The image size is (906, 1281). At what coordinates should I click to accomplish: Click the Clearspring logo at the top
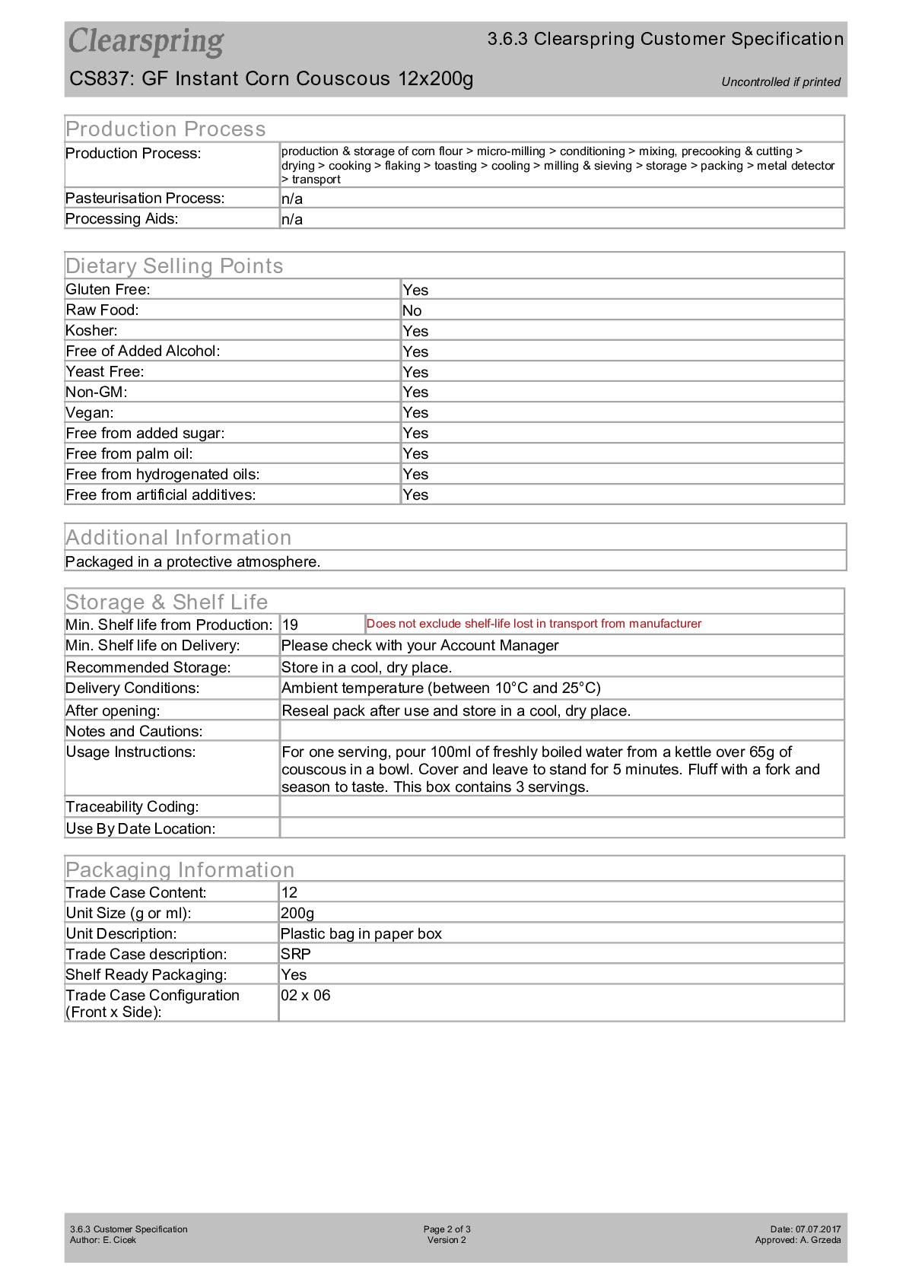point(146,42)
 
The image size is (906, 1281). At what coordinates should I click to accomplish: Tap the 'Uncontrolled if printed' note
point(780,82)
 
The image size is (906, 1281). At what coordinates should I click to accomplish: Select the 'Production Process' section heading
point(166,129)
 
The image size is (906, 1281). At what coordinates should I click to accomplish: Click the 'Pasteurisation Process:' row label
point(145,199)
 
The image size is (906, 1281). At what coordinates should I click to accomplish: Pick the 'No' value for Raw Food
point(412,310)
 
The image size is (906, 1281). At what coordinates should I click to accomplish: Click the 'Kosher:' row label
point(92,331)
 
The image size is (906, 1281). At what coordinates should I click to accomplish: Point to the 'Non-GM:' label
point(97,393)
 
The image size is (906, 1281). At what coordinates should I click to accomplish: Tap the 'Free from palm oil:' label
point(129,454)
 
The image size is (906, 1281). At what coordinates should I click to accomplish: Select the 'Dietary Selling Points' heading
point(174,266)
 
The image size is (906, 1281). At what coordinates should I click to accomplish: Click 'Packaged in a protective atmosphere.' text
point(193,562)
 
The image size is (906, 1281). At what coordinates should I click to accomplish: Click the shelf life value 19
point(290,625)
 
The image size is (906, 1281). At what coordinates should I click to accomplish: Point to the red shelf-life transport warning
point(533,624)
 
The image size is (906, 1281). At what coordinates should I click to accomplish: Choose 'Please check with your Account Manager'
point(420,646)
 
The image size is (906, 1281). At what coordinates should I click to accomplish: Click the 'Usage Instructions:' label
point(131,752)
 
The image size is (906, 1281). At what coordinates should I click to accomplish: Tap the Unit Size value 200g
point(297,914)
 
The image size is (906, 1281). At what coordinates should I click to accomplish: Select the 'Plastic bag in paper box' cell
point(361,934)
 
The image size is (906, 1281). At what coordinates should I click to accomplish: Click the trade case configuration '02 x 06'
point(306,996)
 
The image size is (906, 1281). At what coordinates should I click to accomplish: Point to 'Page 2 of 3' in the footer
point(447,1229)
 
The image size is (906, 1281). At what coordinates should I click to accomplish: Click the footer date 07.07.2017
point(818,1229)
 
